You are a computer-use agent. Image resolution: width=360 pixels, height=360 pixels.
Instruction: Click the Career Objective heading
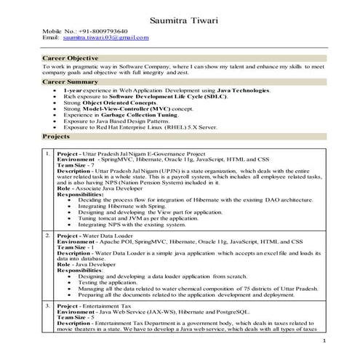[x=71, y=57]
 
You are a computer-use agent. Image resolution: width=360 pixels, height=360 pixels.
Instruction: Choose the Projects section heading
[x=57, y=136]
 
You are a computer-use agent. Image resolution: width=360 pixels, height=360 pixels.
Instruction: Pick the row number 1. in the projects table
[x=48, y=155]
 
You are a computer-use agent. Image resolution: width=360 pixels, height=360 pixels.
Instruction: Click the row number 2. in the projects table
[x=48, y=237]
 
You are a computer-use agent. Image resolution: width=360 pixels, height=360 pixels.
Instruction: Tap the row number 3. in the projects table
[x=48, y=308]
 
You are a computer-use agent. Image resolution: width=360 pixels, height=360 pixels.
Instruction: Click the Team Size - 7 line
[x=76, y=167]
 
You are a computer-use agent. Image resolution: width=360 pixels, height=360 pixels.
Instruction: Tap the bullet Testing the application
[x=107, y=283]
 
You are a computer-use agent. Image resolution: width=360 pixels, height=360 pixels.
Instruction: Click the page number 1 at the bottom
[x=323, y=340]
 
